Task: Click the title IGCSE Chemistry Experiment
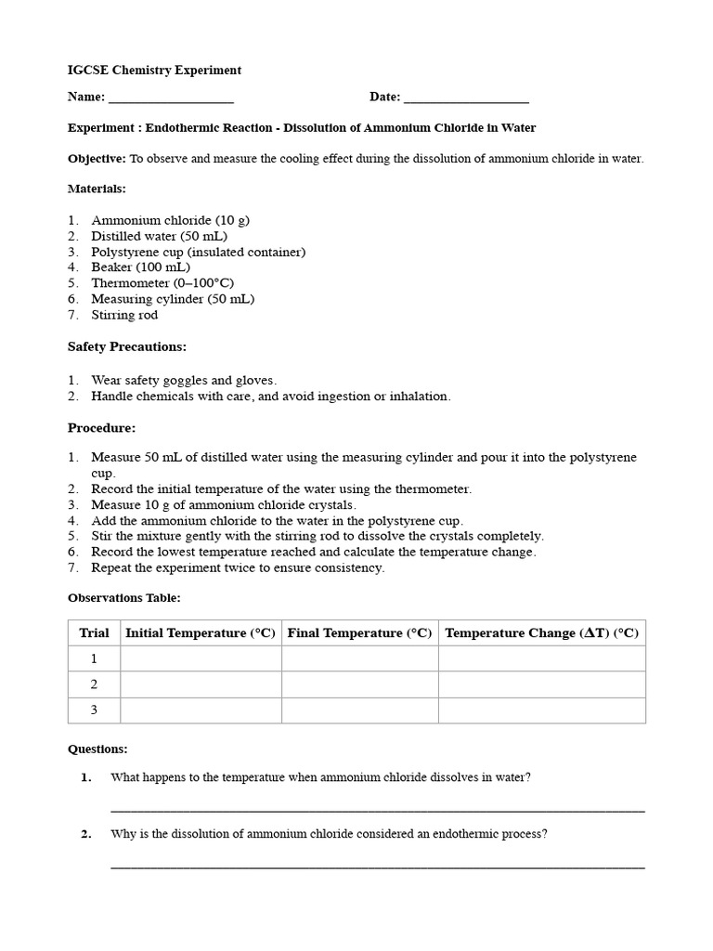(154, 70)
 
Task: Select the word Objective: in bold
(97, 159)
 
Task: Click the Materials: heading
(97, 189)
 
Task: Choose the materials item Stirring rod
(124, 315)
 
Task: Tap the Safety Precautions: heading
(127, 346)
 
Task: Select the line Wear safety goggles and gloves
(184, 380)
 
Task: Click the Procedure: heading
(101, 428)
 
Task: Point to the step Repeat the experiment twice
(237, 567)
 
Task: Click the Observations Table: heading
(124, 598)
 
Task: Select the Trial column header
(94, 632)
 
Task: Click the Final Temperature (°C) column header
(359, 632)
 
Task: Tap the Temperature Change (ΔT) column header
(541, 632)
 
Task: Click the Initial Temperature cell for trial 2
(201, 684)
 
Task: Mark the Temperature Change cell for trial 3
(541, 710)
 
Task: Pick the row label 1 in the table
(94, 658)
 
